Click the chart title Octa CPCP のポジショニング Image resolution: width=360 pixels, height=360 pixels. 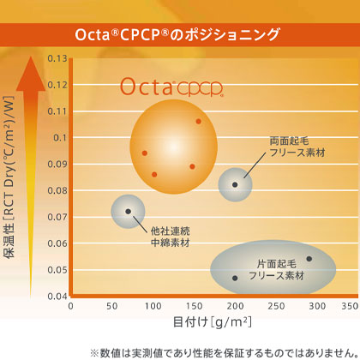click(x=179, y=34)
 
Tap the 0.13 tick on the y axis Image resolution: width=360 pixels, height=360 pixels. click(x=55, y=58)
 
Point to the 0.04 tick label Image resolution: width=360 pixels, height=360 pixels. click(x=55, y=297)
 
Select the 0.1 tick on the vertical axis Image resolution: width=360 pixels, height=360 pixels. click(x=58, y=137)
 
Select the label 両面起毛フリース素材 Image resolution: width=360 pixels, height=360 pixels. click(x=297, y=145)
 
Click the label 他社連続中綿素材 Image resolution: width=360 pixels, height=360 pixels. click(x=170, y=237)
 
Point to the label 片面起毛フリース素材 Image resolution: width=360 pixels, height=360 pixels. click(x=276, y=270)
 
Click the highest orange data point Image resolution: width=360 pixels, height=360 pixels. click(x=198, y=121)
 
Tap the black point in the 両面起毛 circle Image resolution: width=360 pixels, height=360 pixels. click(x=235, y=184)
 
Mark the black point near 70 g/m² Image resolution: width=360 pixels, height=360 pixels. click(x=129, y=211)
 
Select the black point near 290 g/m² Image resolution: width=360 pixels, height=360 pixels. click(x=309, y=259)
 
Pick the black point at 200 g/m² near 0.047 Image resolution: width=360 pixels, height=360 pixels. click(x=235, y=278)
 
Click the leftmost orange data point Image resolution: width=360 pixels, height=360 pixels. click(x=145, y=153)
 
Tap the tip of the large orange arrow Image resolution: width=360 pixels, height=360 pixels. click(x=33, y=57)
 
